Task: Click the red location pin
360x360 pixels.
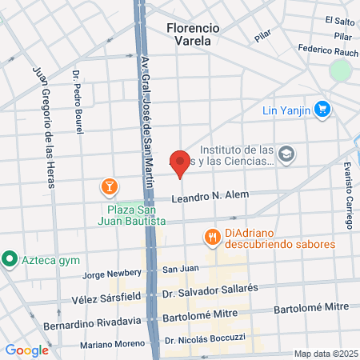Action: coord(180,163)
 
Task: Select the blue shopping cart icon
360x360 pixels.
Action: coord(322,108)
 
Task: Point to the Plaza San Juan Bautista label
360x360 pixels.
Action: coord(133,214)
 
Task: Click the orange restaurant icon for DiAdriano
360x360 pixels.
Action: coord(211,237)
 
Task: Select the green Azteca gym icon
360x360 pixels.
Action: coord(10,258)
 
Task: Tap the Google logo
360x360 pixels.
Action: coord(26,350)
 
